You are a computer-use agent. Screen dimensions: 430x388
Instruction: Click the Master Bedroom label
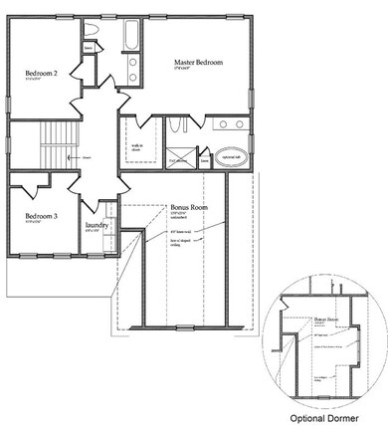pyautogui.click(x=195, y=63)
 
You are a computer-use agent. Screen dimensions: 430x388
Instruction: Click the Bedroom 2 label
pyautogui.click(x=42, y=73)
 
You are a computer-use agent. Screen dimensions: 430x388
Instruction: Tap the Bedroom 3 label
pyautogui.click(x=42, y=216)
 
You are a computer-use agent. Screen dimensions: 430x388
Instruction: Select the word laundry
pyautogui.click(x=97, y=226)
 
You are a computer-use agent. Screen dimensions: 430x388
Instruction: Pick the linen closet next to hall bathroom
pyautogui.click(x=89, y=48)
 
